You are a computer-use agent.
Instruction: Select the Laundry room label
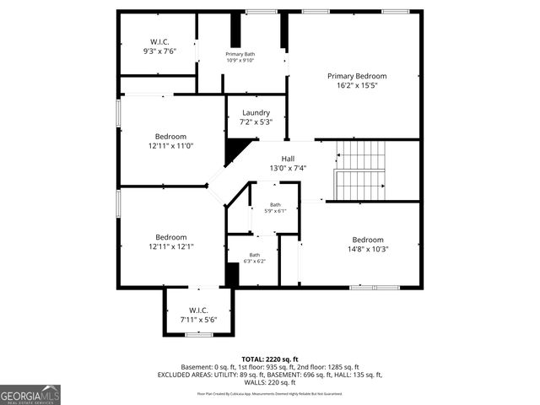click(x=256, y=112)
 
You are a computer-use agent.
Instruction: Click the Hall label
click(x=288, y=158)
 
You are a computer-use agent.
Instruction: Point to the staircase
click(x=360, y=170)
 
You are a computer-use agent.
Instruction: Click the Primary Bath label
click(x=240, y=54)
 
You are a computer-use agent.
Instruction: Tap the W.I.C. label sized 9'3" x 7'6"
click(x=160, y=41)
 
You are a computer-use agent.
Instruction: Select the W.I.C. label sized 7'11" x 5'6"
click(x=198, y=310)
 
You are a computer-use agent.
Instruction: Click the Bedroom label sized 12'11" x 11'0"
click(x=170, y=136)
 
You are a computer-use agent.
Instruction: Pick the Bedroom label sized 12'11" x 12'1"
click(x=170, y=237)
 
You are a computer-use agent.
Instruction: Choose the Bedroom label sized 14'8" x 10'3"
click(x=368, y=239)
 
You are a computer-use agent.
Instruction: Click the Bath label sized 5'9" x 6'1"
click(x=275, y=205)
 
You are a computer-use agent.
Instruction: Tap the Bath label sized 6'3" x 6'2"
click(x=254, y=255)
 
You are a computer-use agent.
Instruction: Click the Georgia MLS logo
click(x=30, y=394)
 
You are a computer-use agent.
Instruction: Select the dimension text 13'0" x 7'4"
click(x=288, y=168)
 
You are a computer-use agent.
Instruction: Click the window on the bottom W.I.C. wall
click(x=198, y=335)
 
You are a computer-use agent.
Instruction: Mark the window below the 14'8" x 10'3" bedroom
click(x=374, y=288)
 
